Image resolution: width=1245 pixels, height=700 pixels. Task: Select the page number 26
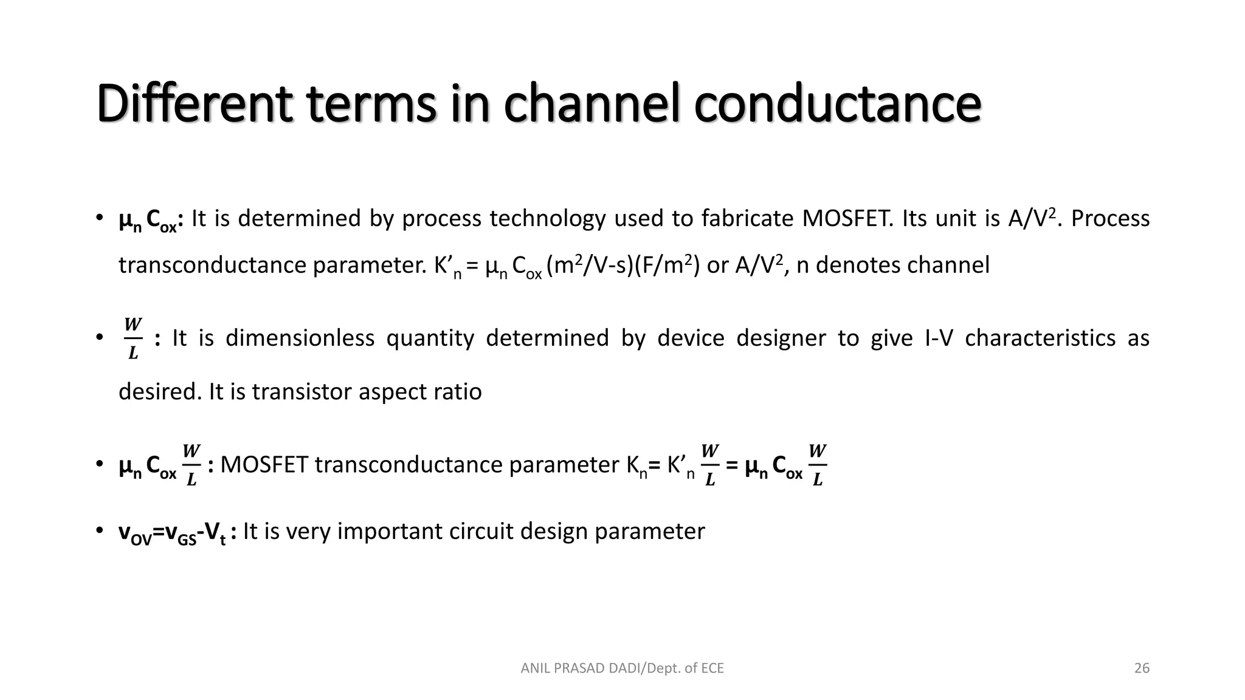tap(1142, 668)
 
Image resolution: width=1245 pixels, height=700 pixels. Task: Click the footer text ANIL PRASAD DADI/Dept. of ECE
tap(622, 668)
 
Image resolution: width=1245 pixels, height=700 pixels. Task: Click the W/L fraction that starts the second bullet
tap(133, 338)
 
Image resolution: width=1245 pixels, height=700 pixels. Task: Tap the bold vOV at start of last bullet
tap(134, 533)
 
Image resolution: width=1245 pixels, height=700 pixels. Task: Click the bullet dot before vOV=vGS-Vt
tap(98, 531)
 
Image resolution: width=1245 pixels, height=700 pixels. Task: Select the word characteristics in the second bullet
tap(1040, 338)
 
